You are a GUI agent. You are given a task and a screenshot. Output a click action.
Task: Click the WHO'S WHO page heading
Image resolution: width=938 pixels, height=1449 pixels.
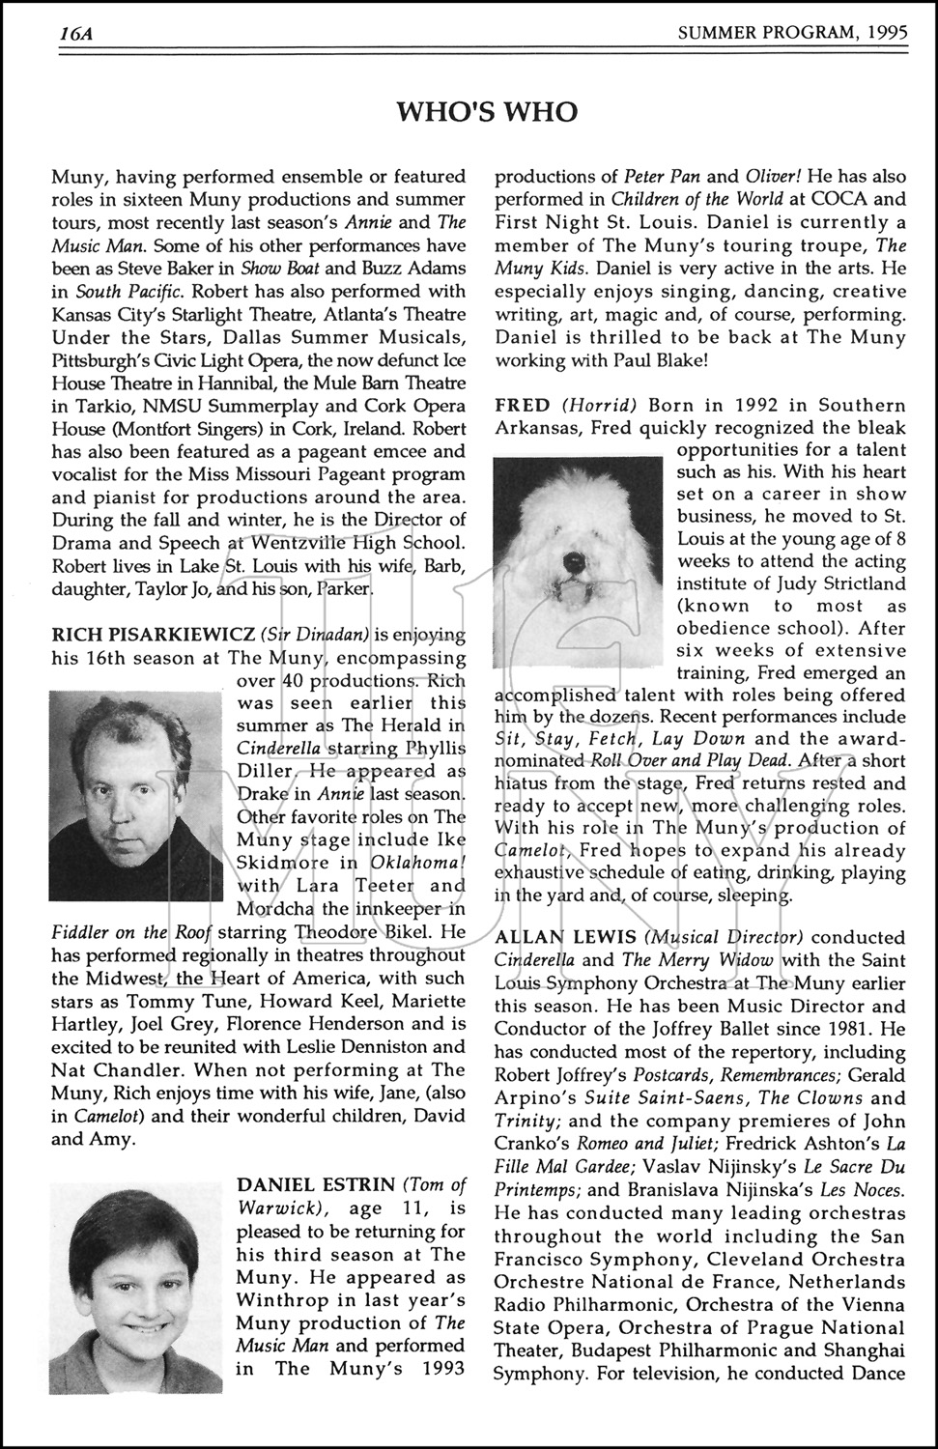487,113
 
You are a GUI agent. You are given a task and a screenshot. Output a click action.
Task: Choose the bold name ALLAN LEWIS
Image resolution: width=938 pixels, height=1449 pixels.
565,937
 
